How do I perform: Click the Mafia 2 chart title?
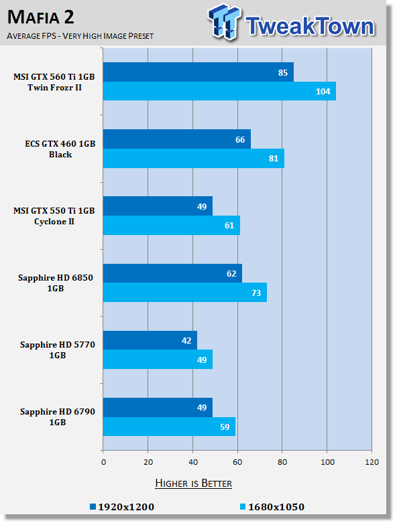coord(40,17)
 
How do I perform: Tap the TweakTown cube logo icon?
coord(224,21)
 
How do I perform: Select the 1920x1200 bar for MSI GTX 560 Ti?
coord(199,72)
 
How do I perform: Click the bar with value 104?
coord(219,91)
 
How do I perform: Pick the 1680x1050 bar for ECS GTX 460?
coord(194,159)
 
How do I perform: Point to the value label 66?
coord(240,139)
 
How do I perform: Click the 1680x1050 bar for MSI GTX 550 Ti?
coord(171,226)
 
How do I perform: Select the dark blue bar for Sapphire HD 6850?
coord(172,273)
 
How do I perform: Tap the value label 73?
coord(256,293)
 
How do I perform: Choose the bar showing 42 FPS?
coord(150,340)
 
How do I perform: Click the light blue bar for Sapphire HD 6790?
coord(169,427)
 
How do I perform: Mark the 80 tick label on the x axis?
coord(282,462)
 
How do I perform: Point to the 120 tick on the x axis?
coord(372,462)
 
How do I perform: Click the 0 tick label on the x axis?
coord(103,462)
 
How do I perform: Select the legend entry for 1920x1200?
coord(122,507)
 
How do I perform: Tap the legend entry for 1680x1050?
coord(272,507)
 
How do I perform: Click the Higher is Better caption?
coord(193,483)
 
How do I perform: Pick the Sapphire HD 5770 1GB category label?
coord(58,350)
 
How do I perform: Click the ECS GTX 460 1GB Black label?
coord(60,149)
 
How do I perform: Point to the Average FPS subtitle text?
coord(80,35)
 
